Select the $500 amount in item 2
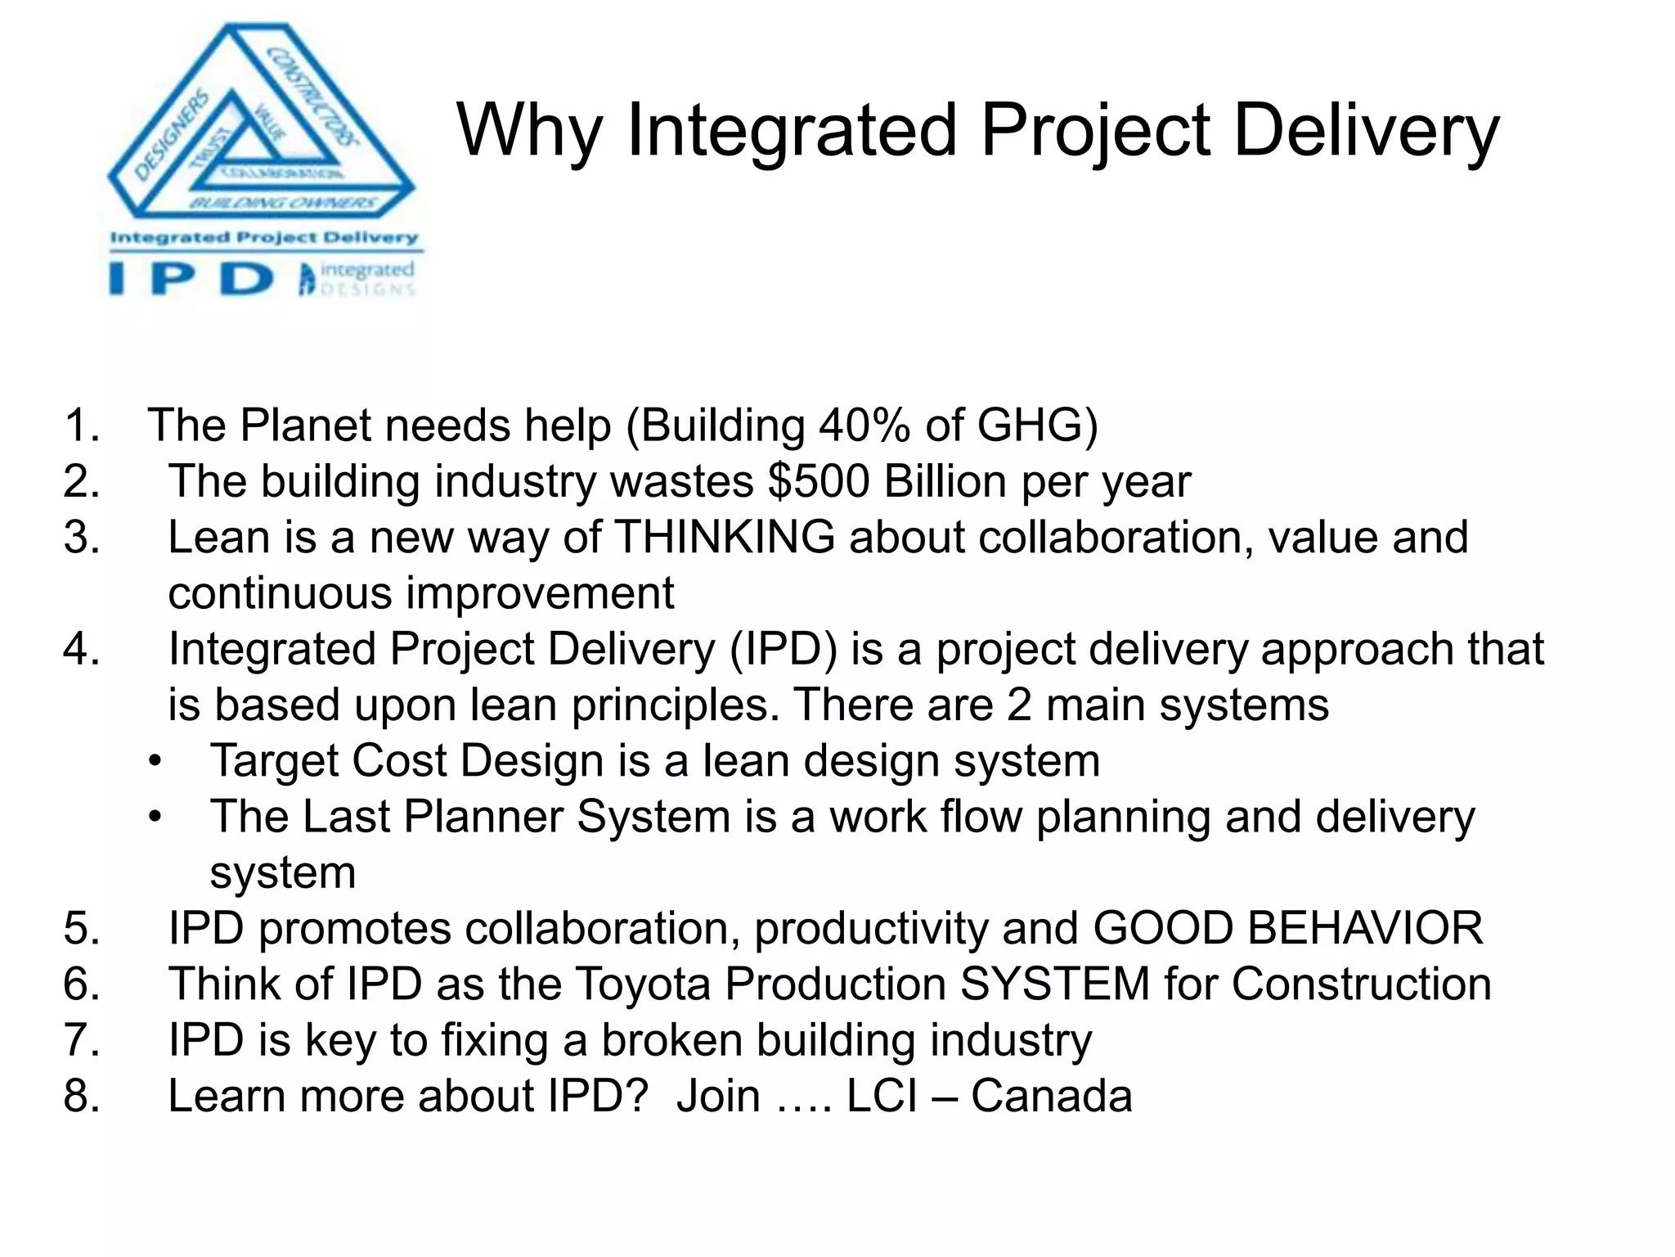point(819,481)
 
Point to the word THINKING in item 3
point(725,538)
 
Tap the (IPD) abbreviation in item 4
point(782,649)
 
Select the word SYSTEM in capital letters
point(1055,984)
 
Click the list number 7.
point(82,1040)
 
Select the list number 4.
point(82,649)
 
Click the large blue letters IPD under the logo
point(192,279)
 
